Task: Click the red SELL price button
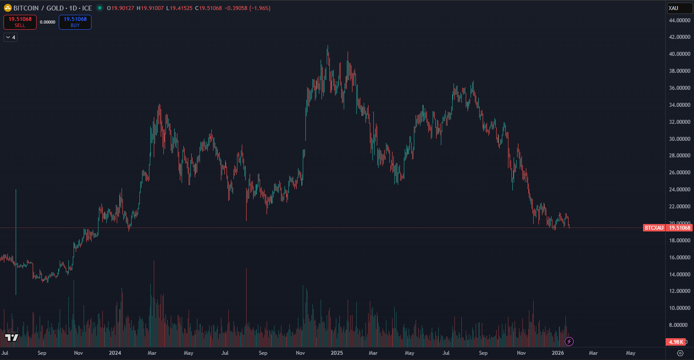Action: [x=20, y=22]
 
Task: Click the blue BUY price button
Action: [x=75, y=22]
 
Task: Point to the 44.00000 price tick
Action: [x=680, y=20]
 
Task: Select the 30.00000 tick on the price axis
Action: [x=680, y=139]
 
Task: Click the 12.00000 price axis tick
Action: [x=680, y=291]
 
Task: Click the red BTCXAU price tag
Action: [x=654, y=228]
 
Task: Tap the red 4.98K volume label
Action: [x=676, y=342]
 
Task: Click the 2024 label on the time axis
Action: [x=115, y=353]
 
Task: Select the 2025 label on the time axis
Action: [x=337, y=353]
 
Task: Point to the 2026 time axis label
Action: [x=558, y=353]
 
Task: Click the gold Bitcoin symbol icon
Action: [x=7, y=8]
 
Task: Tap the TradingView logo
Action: [x=12, y=338]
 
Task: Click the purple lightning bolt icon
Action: [x=569, y=342]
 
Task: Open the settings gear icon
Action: [x=680, y=353]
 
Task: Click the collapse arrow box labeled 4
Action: [x=10, y=37]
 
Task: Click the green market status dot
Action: [x=99, y=8]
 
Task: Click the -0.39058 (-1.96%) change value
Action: [x=247, y=8]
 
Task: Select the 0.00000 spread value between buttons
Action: [x=47, y=22]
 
